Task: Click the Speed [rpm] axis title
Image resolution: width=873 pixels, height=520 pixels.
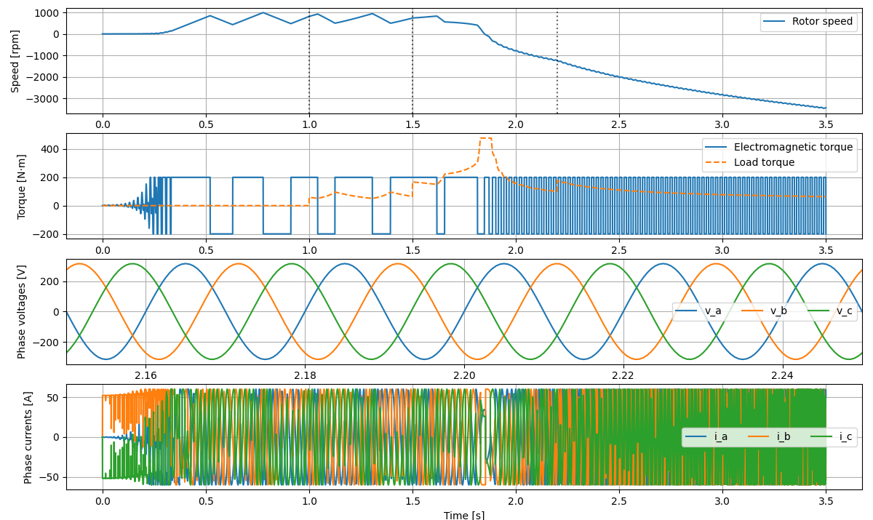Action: pos(15,61)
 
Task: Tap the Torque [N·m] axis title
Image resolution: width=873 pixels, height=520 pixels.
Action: pos(22,186)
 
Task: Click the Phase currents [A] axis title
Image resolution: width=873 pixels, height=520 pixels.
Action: pos(28,436)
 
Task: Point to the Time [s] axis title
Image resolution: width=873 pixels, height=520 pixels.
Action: pos(464,515)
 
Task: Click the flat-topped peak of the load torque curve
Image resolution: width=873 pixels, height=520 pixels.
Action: pos(485,138)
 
